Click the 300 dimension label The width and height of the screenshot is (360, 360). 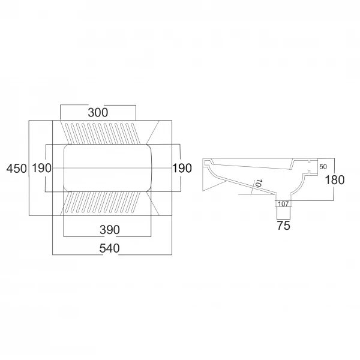pyautogui.click(x=98, y=113)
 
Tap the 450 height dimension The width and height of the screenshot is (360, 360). pyautogui.click(x=16, y=169)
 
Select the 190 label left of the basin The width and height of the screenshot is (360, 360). pyautogui.click(x=41, y=168)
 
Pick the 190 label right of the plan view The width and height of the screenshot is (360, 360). pyautogui.click(x=182, y=168)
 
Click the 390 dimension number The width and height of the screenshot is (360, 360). pyautogui.click(x=110, y=230)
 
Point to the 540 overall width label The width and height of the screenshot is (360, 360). pyautogui.click(x=110, y=248)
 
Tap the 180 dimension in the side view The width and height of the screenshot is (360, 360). pyautogui.click(x=335, y=180)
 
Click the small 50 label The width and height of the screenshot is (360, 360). pyautogui.click(x=323, y=167)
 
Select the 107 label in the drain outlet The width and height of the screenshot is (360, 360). pyautogui.click(x=283, y=203)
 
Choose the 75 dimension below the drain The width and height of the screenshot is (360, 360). pyautogui.click(x=284, y=226)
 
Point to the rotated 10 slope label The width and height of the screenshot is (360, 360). pyautogui.click(x=259, y=183)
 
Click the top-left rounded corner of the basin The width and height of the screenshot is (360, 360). pyautogui.click(x=66, y=147)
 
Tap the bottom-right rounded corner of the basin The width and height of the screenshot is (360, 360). pyautogui.click(x=149, y=188)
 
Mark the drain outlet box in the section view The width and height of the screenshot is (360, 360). pyautogui.click(x=283, y=203)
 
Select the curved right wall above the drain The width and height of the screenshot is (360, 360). pyautogui.click(x=298, y=187)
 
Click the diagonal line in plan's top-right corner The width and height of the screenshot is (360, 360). pyautogui.click(x=152, y=132)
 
